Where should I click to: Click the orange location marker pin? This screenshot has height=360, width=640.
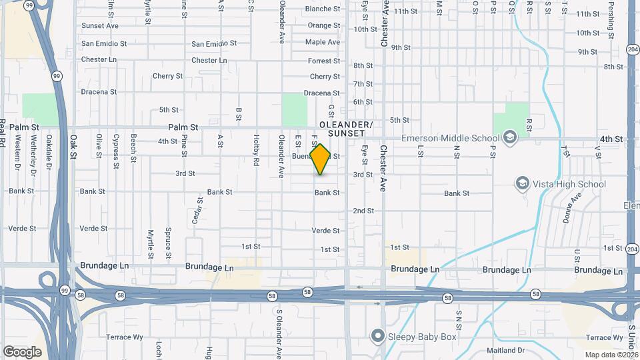321,159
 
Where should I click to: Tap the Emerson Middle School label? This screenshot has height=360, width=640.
450,139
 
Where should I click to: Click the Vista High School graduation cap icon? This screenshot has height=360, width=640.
523,183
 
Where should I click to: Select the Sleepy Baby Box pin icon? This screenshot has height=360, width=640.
378,336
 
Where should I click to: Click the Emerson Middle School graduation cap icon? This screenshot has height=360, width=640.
510,139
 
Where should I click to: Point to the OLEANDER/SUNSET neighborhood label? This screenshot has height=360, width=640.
345,129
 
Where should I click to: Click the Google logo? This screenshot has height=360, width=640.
22,351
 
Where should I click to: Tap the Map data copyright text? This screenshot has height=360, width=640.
611,355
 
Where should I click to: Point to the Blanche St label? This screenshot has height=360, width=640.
323,9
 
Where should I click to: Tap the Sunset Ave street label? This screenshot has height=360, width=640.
100,26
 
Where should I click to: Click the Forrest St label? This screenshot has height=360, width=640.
324,61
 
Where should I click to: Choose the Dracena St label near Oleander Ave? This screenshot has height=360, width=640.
321,93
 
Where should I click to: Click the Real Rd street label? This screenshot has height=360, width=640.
3,133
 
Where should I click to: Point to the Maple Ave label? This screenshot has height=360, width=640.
323,42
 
